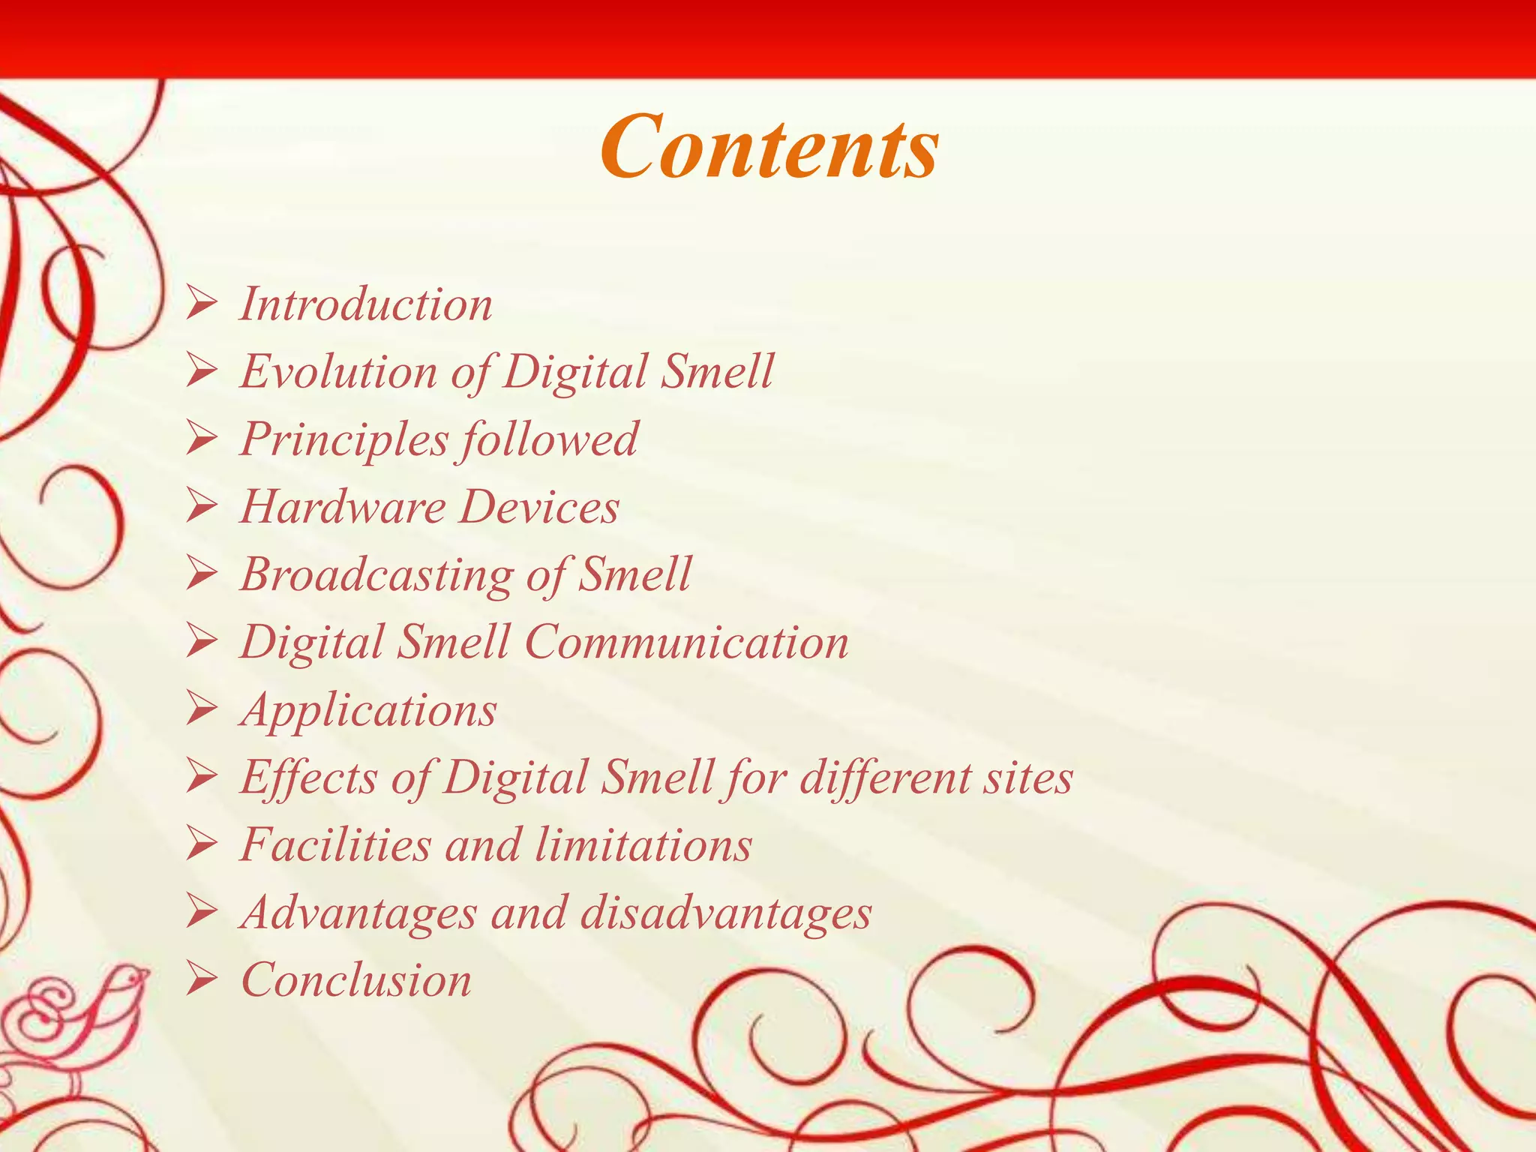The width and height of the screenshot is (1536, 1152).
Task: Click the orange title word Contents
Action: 769,146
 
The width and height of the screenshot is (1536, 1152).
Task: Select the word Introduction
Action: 366,304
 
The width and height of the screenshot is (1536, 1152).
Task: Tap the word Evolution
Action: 338,371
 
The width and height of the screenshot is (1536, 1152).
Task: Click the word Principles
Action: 343,439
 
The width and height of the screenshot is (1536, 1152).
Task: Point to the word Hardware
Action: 343,507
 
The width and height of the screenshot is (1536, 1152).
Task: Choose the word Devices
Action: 539,507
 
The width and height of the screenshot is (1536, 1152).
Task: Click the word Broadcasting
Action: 376,574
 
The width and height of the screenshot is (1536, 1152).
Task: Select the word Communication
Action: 686,643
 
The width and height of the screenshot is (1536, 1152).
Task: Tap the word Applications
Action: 368,710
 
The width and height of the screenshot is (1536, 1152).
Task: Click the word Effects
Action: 308,778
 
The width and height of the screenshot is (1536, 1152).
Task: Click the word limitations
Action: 643,845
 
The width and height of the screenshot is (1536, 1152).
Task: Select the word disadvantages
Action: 726,913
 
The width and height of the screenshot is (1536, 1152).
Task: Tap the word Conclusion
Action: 356,980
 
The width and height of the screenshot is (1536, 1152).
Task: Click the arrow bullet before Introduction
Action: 202,304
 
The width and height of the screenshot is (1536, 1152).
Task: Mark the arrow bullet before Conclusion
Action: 202,980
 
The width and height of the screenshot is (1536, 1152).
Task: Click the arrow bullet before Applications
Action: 202,709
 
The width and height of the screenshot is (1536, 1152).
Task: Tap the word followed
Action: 549,439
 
